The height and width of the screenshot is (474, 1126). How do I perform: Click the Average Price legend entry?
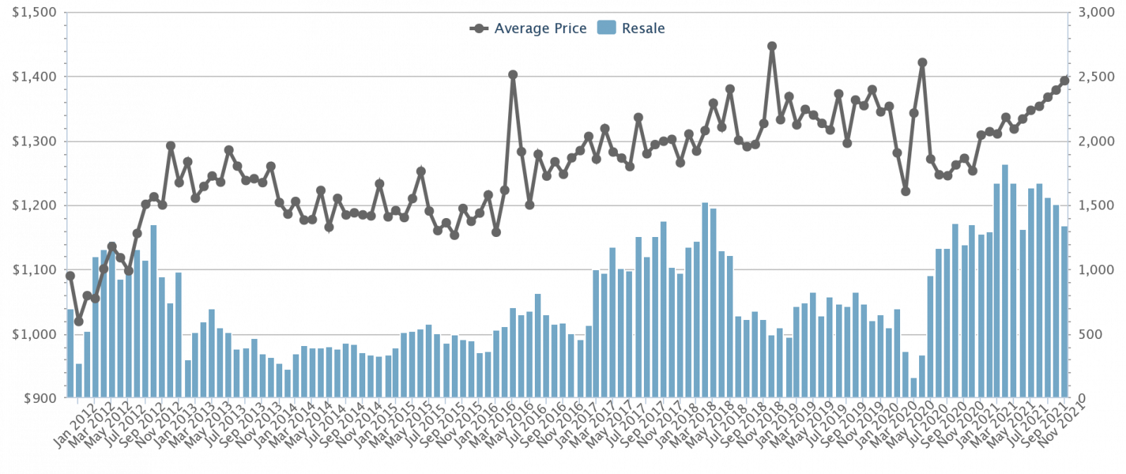click(x=529, y=29)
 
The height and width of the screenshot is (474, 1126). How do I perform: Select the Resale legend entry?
click(x=631, y=29)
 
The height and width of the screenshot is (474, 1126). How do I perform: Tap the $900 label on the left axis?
click(x=39, y=399)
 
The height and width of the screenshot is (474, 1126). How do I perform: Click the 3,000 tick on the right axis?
click(x=1095, y=13)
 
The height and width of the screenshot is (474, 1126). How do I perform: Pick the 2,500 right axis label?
click(x=1095, y=77)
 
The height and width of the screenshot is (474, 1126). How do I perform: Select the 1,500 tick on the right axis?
click(x=1095, y=206)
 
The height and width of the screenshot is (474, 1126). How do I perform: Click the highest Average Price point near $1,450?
click(x=772, y=46)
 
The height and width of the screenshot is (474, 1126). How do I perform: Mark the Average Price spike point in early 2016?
click(x=513, y=75)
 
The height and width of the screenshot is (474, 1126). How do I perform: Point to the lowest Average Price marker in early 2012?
click(x=79, y=322)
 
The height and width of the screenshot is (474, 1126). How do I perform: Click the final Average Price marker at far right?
click(x=1065, y=80)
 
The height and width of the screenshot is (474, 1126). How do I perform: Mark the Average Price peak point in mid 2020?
click(x=922, y=63)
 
